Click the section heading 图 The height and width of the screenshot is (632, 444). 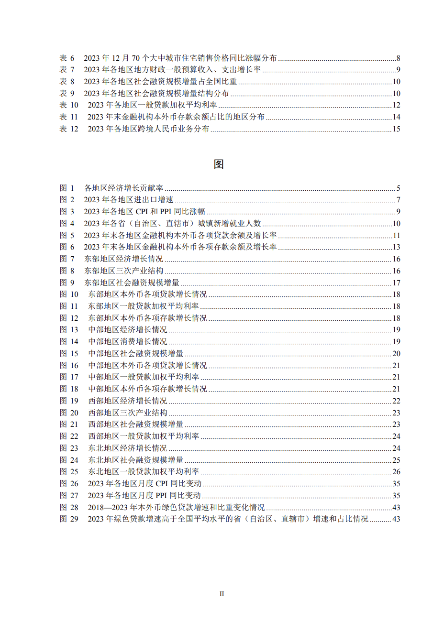(x=219, y=164)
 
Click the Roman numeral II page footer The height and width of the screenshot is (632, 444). (x=222, y=594)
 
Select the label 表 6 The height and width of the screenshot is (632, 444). (x=67, y=58)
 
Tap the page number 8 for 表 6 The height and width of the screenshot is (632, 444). (x=398, y=58)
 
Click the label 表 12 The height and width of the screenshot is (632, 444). (x=69, y=129)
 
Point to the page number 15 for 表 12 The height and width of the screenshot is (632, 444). (x=396, y=129)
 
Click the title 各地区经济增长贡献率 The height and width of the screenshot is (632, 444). (x=123, y=188)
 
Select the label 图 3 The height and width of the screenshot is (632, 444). (x=67, y=212)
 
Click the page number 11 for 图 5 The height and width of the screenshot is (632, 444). (x=396, y=236)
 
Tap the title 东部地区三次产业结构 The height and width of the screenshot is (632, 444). (x=123, y=271)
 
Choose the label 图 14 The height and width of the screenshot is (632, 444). (x=69, y=342)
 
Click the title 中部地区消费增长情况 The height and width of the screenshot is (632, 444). (x=128, y=342)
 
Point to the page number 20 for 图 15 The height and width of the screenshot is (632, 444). (x=396, y=354)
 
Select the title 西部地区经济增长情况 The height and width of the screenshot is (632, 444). (x=128, y=401)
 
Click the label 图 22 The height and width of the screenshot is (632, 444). (x=69, y=436)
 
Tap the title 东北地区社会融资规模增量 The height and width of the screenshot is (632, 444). (x=136, y=460)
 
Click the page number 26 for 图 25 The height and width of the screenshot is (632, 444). (x=396, y=472)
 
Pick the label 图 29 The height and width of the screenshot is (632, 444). (x=69, y=519)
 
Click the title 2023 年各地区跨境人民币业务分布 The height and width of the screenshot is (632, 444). (x=148, y=129)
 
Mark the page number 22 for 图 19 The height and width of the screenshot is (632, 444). (x=396, y=401)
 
